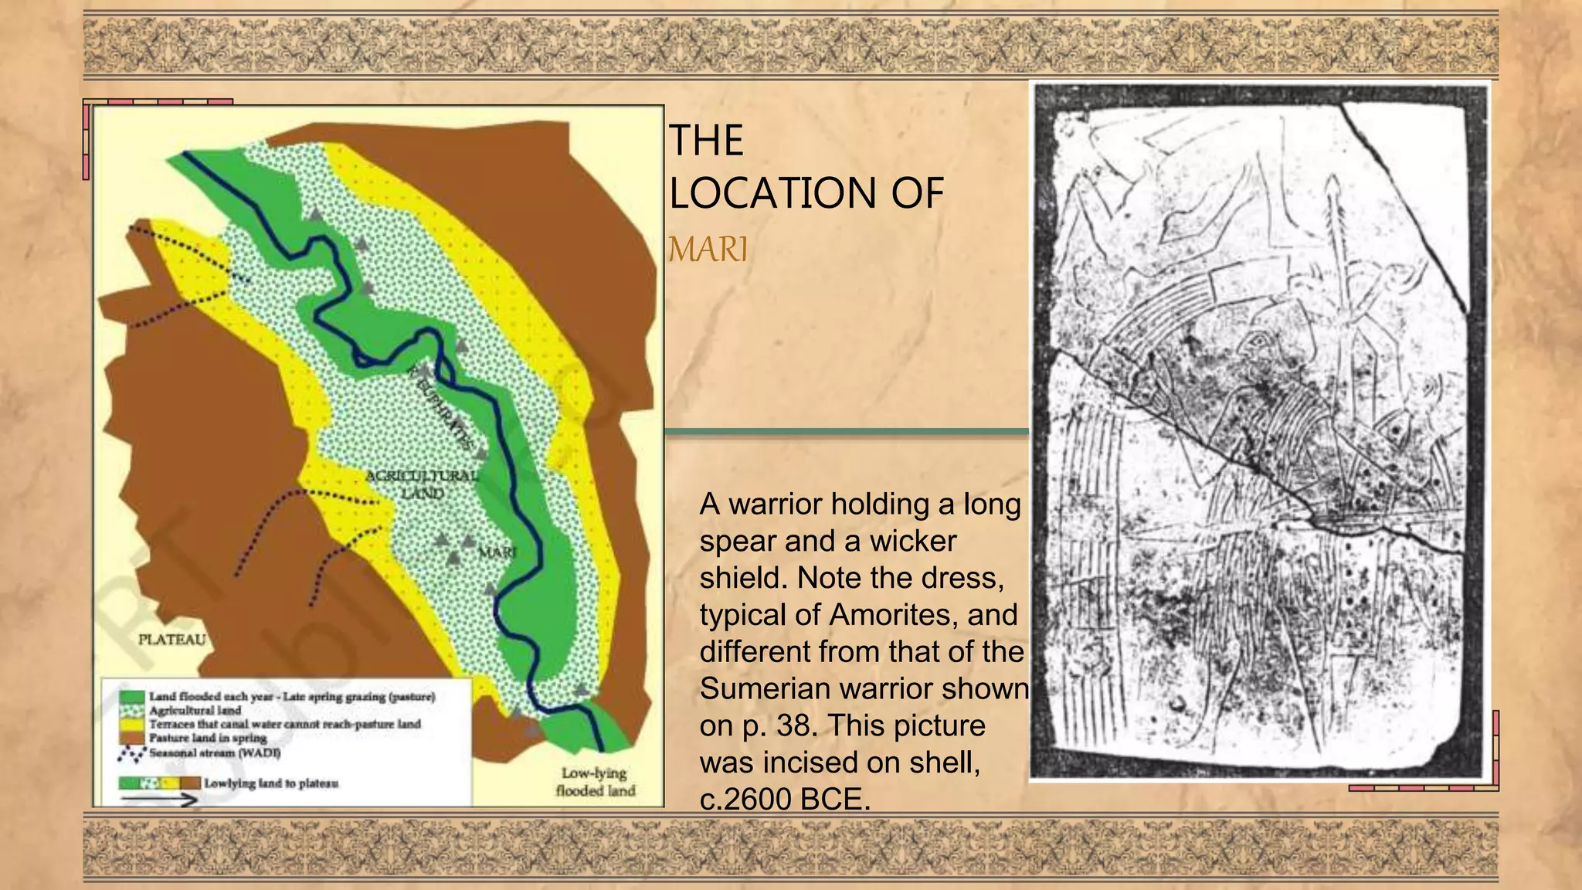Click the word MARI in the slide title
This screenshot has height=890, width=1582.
(708, 250)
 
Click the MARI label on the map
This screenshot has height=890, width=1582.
(496, 552)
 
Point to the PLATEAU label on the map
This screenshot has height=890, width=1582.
(171, 640)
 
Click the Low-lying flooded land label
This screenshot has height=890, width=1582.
(595, 782)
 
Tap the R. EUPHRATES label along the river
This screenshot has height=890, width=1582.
(440, 405)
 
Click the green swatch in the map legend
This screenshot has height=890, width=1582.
(132, 697)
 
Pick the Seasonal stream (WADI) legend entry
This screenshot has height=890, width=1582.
(214, 752)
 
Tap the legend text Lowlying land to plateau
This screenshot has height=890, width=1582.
(270, 783)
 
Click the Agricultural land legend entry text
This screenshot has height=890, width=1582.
(195, 710)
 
